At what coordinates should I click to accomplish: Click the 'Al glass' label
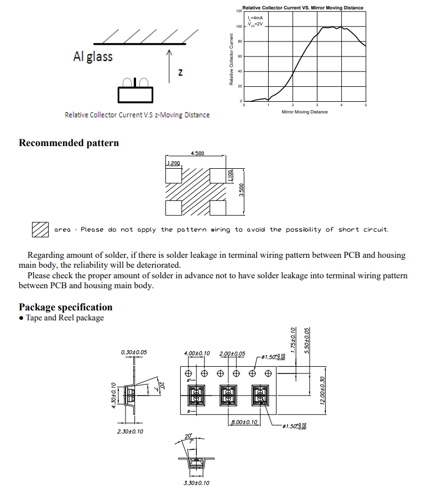click(92, 56)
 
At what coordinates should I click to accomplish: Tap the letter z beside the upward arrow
click(180, 72)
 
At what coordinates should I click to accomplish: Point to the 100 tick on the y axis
click(239, 27)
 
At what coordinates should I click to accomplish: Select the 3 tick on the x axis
click(317, 105)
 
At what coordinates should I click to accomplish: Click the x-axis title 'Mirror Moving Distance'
click(304, 112)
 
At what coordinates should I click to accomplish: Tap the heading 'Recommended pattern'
click(69, 143)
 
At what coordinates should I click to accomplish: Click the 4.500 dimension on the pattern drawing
click(197, 153)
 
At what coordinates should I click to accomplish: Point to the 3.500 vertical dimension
click(241, 190)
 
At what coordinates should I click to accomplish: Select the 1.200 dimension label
click(173, 164)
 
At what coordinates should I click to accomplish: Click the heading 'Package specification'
click(65, 307)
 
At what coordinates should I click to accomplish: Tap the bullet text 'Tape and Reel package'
click(65, 318)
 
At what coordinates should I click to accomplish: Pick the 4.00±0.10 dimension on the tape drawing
click(197, 354)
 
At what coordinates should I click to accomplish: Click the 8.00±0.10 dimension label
click(244, 423)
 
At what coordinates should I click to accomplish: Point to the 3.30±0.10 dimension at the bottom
click(196, 483)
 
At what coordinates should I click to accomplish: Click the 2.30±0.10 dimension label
click(130, 431)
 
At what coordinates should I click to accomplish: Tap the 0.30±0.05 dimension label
click(134, 352)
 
